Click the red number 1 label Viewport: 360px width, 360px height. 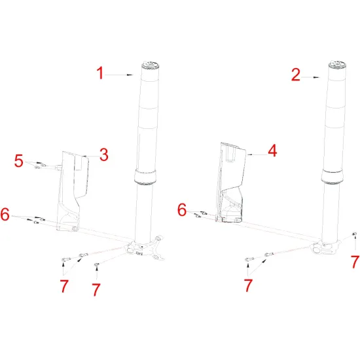coord(100,74)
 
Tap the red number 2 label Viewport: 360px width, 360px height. coord(296,75)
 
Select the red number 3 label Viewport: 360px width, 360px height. coord(103,154)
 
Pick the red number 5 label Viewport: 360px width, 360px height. coord(19,160)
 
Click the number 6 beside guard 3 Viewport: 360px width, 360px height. coord(6,214)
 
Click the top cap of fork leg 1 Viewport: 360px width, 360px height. coord(150,64)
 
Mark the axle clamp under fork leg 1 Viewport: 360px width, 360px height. coord(146,248)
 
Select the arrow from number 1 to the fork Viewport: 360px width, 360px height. coord(122,75)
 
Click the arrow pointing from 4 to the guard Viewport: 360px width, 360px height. coord(256,153)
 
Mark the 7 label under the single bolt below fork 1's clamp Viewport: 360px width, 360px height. coord(96,288)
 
